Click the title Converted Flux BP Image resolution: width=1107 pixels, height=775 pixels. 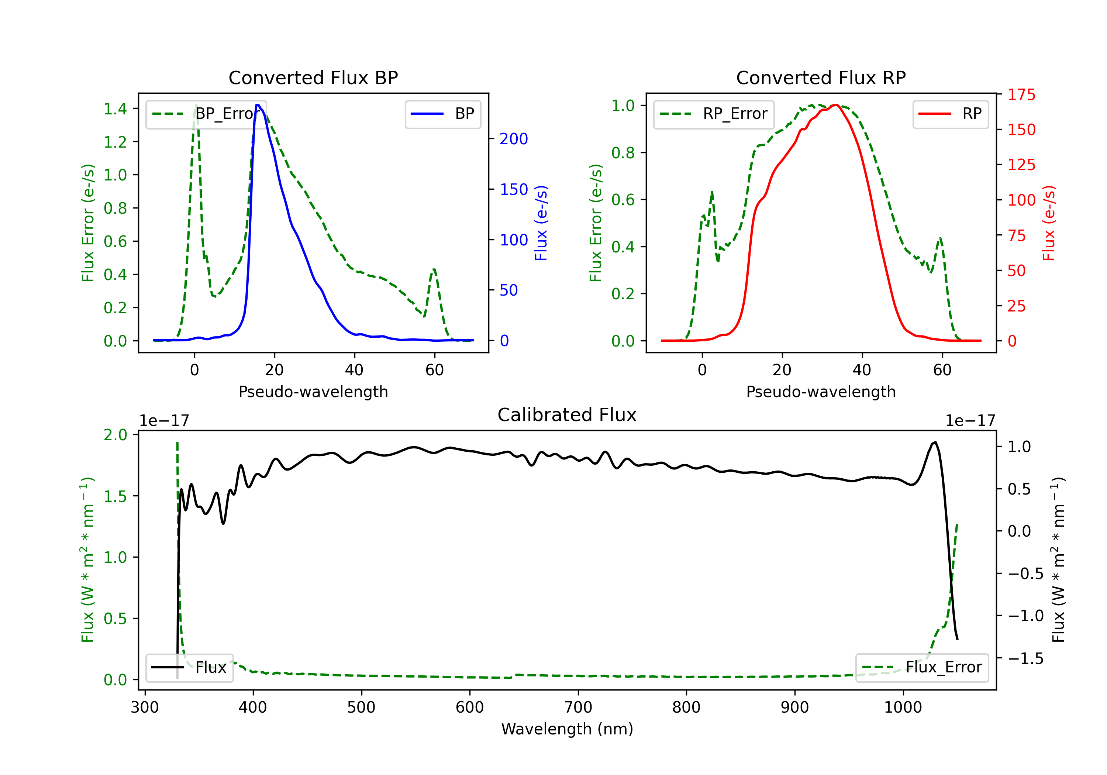point(313,77)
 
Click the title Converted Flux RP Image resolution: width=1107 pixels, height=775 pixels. point(821,77)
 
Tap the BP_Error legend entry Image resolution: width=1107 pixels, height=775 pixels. point(206,114)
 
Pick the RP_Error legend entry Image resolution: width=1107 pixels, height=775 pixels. point(714,114)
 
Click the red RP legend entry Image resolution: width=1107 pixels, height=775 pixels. point(950,114)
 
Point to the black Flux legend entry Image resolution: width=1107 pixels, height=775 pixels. point(189,668)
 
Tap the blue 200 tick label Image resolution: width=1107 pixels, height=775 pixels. point(514,139)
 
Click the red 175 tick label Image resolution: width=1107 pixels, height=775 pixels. point(1021,94)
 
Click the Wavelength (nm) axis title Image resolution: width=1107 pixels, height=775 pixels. point(567,729)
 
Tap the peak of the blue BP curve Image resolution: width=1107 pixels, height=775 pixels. point(258,105)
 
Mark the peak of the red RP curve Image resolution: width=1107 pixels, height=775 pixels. point(835,105)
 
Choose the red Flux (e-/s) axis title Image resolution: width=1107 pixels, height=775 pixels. point(1049,223)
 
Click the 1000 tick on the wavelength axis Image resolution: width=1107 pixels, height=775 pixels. point(903,707)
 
